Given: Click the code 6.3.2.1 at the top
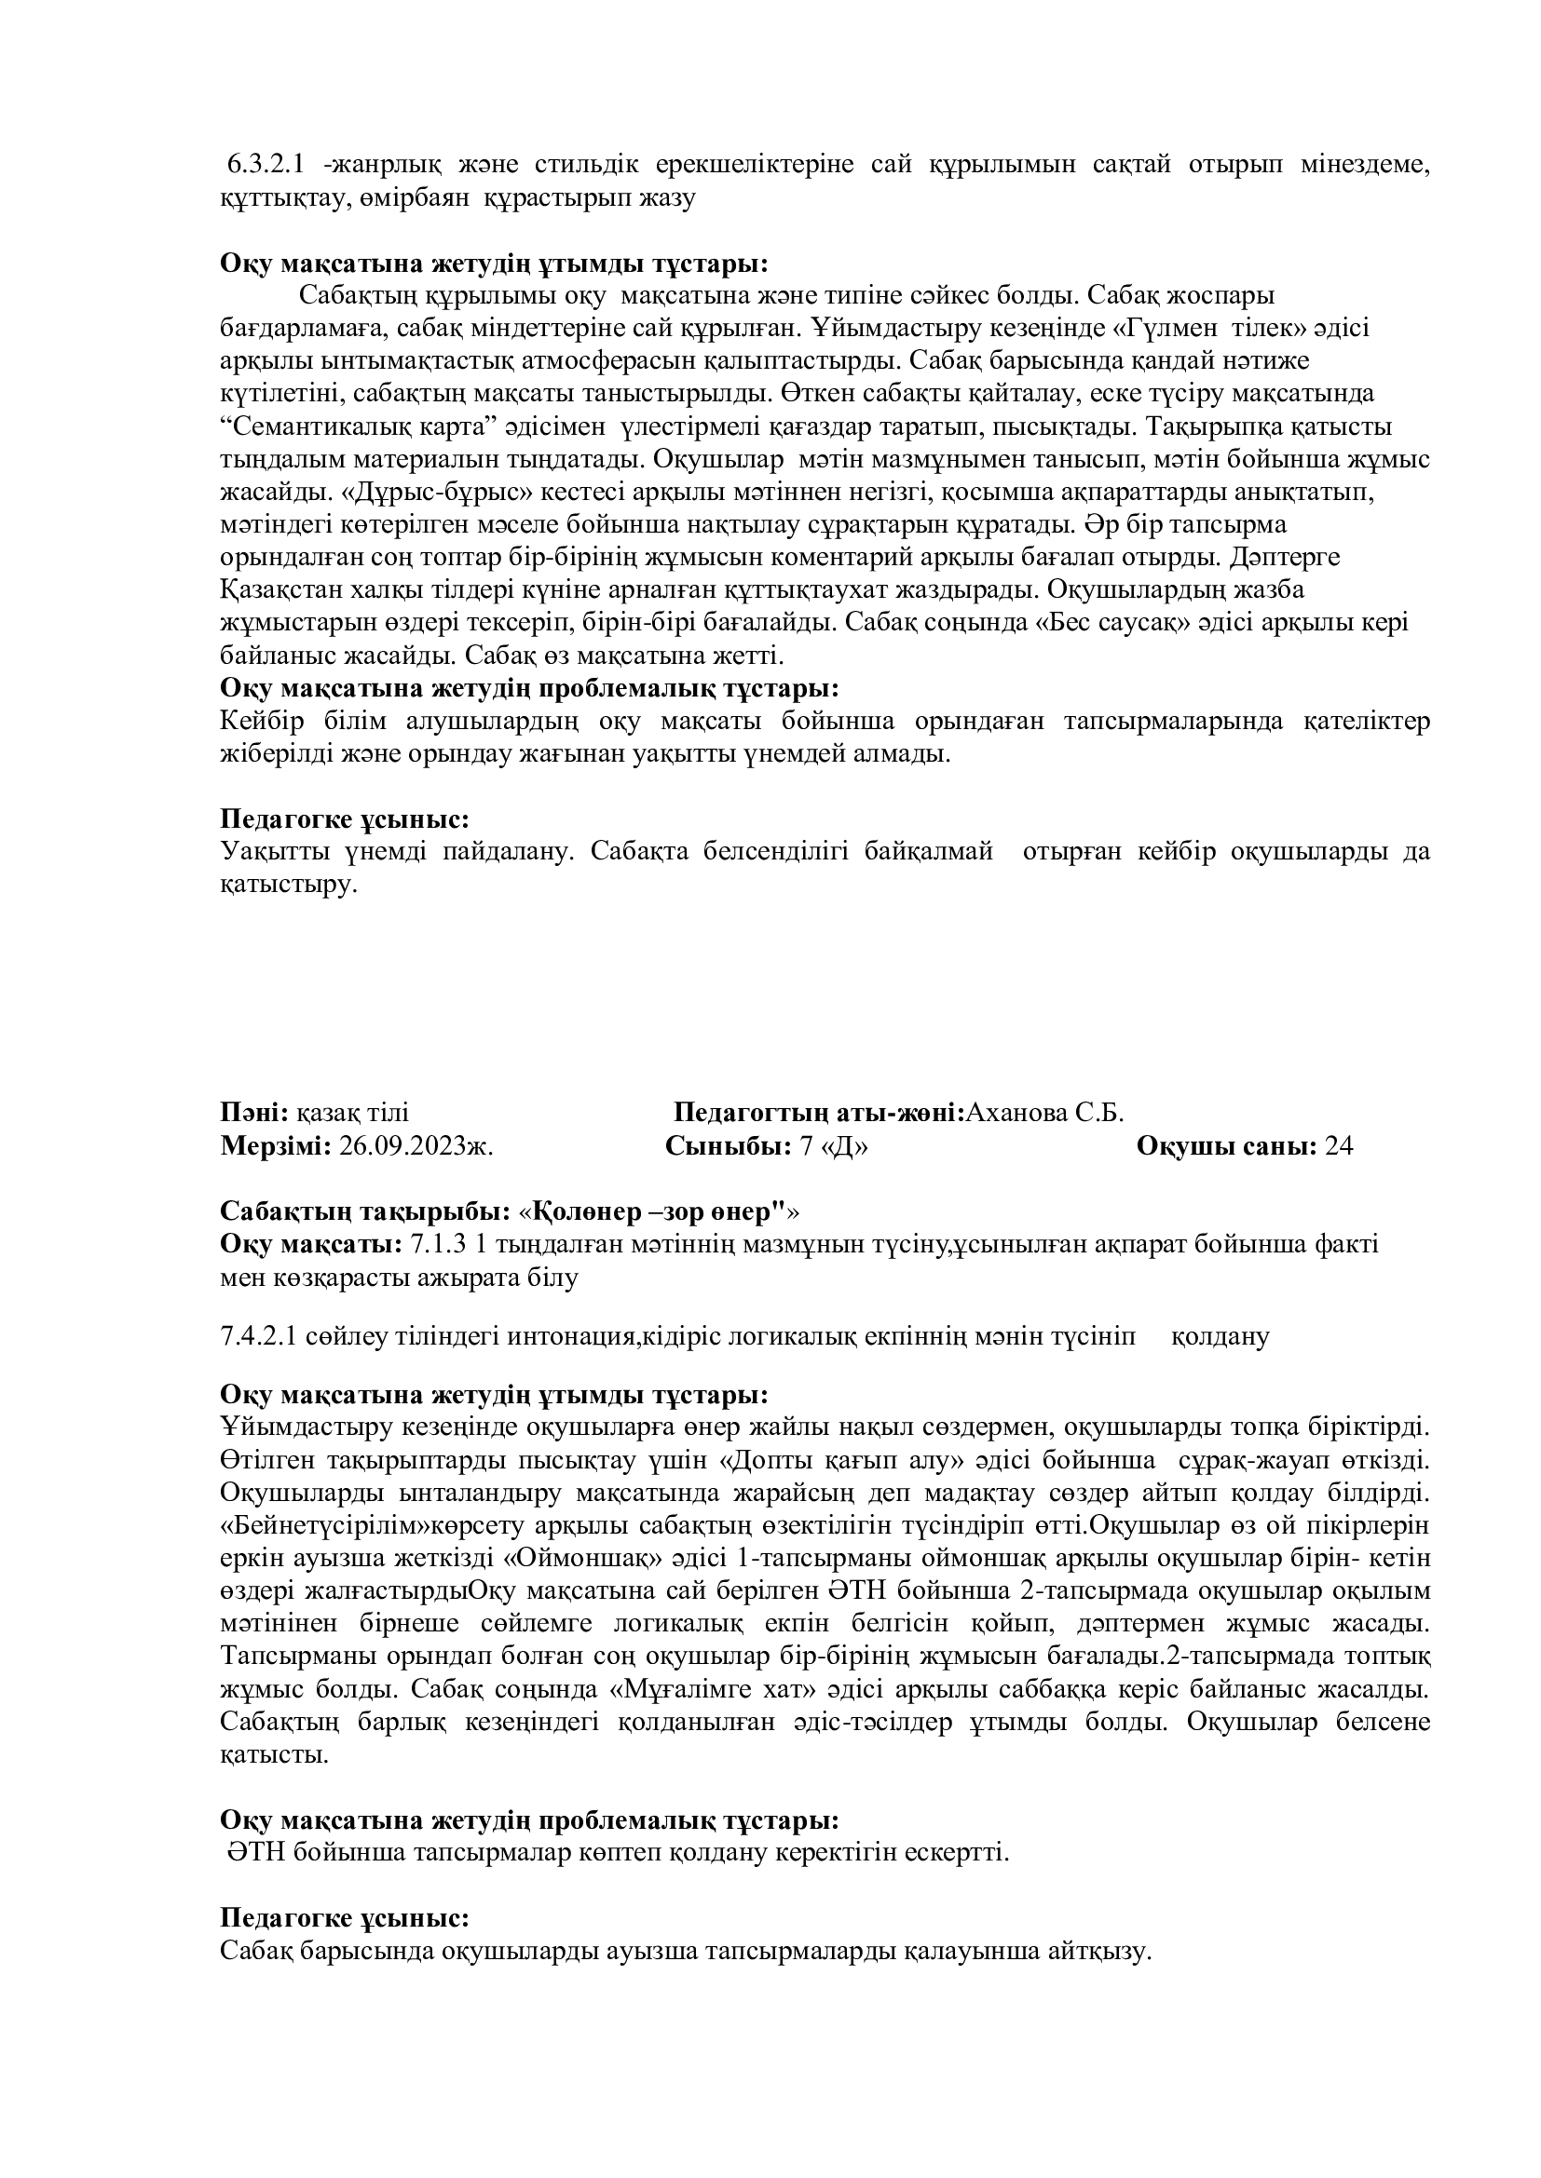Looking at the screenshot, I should point(265,165).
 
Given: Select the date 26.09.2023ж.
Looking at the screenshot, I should point(416,1147).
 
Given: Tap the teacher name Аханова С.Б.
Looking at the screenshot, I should point(1043,1113).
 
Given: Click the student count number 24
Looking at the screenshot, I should point(1339,1147).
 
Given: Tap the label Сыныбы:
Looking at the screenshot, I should point(728,1147).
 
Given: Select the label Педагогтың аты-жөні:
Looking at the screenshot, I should point(819,1113).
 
